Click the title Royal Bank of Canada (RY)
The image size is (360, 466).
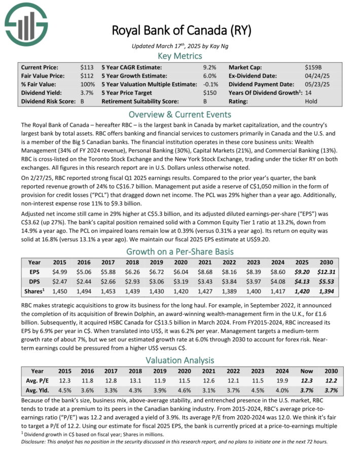tap(181, 31)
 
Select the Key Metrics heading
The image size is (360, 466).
tap(180, 55)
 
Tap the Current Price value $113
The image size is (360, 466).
tap(87, 67)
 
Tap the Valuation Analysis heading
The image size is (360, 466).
tap(180, 361)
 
